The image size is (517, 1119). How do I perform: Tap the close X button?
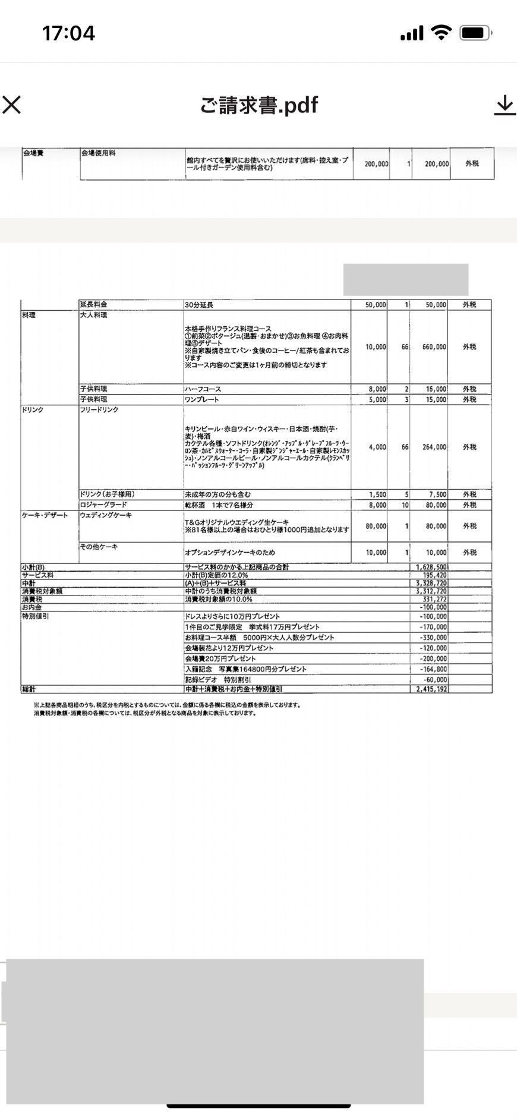(12, 105)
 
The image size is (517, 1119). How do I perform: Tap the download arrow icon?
(505, 105)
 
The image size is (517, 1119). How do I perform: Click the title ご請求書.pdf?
(258, 105)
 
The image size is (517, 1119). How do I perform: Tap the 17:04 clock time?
(68, 33)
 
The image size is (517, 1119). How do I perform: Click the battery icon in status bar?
(475, 33)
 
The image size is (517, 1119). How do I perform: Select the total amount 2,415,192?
(432, 689)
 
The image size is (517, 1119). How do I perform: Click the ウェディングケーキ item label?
(106, 515)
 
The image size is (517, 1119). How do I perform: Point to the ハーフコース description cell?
(203, 389)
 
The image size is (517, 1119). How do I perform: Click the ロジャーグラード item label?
(103, 505)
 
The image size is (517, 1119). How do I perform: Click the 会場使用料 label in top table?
(98, 153)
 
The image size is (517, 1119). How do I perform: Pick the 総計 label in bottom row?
(29, 689)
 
